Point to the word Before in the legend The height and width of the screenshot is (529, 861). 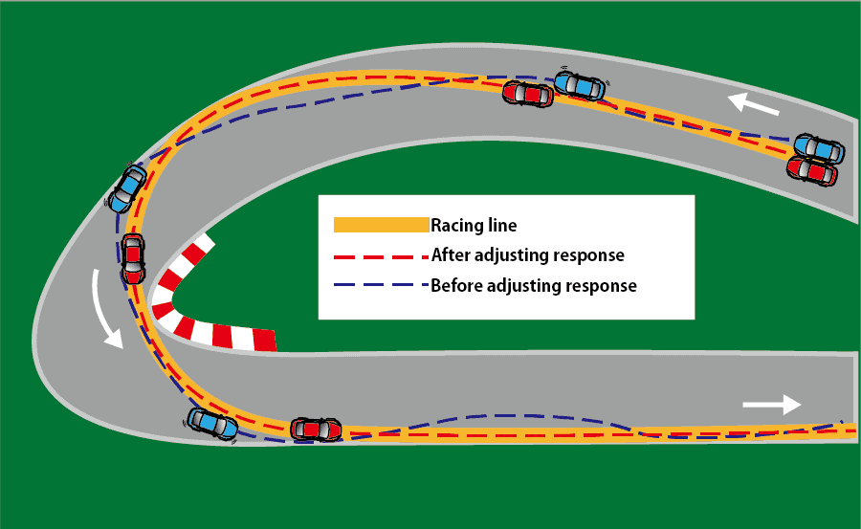pyautogui.click(x=458, y=285)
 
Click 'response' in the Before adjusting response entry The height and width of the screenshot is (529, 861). pyautogui.click(x=600, y=286)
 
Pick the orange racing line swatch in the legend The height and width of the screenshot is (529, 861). pyautogui.click(x=380, y=226)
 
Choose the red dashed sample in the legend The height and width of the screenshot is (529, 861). pyautogui.click(x=380, y=256)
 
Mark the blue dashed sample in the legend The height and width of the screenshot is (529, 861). pyautogui.click(x=380, y=286)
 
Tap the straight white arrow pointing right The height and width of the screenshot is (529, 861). pyautogui.click(x=771, y=405)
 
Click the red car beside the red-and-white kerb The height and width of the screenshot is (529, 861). pyautogui.click(x=133, y=258)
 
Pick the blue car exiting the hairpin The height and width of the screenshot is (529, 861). pyautogui.click(x=213, y=424)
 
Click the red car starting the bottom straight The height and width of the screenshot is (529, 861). pyautogui.click(x=316, y=429)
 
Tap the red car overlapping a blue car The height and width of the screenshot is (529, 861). pyautogui.click(x=811, y=171)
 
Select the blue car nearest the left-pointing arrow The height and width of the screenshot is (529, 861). pyautogui.click(x=820, y=148)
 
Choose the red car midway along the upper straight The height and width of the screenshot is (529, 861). pyautogui.click(x=528, y=94)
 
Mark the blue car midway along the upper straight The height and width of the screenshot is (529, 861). pyautogui.click(x=580, y=84)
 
